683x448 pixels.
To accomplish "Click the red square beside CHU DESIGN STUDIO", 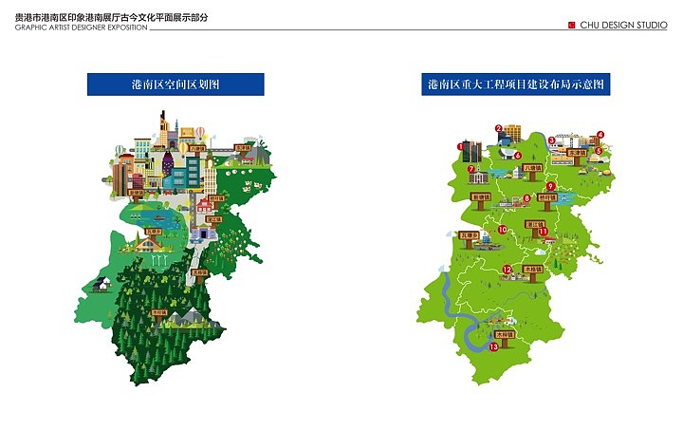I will tap(571, 26).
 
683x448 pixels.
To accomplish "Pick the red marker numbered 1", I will tap(461, 146).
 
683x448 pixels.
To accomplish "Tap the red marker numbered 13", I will tap(493, 347).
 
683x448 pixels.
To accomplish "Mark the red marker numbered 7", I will tap(471, 170).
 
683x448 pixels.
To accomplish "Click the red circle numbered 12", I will tap(508, 270).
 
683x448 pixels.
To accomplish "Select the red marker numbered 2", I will tap(498, 128).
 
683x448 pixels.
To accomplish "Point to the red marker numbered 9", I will tap(549, 186).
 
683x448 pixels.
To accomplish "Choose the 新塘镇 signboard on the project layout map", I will tap(481, 197).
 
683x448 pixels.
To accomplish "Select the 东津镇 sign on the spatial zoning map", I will tap(243, 148).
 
